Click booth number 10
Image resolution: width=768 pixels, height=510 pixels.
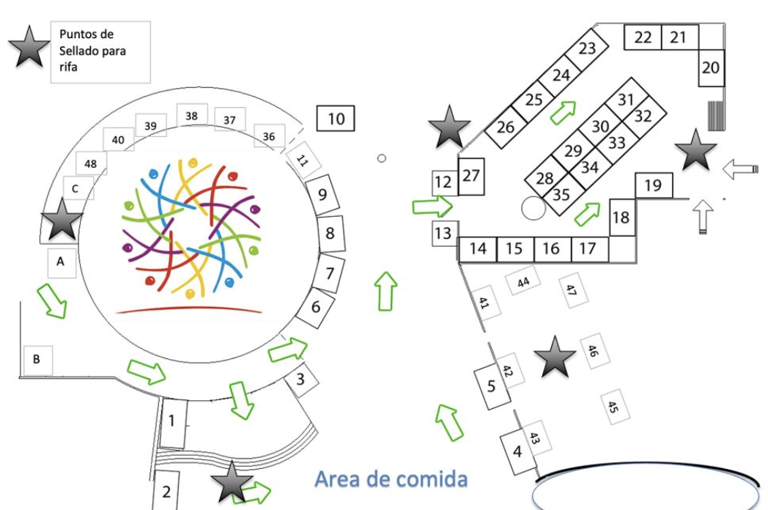click(336, 118)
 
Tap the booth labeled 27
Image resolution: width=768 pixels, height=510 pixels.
click(471, 177)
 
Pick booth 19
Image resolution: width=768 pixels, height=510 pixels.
click(653, 185)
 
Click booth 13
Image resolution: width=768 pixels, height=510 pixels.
click(443, 234)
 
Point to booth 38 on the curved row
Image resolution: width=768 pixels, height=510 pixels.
click(191, 116)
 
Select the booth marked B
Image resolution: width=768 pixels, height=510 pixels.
click(37, 360)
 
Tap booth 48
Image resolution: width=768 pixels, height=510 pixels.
click(90, 163)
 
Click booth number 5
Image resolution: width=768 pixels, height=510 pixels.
click(492, 385)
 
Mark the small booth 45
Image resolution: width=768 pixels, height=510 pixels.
click(614, 406)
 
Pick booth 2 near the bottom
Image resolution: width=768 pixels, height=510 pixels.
click(166, 491)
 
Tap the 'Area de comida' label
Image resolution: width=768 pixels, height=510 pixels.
click(391, 479)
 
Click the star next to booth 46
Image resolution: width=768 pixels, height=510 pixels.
click(555, 358)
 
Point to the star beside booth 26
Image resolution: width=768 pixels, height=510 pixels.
click(448, 126)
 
